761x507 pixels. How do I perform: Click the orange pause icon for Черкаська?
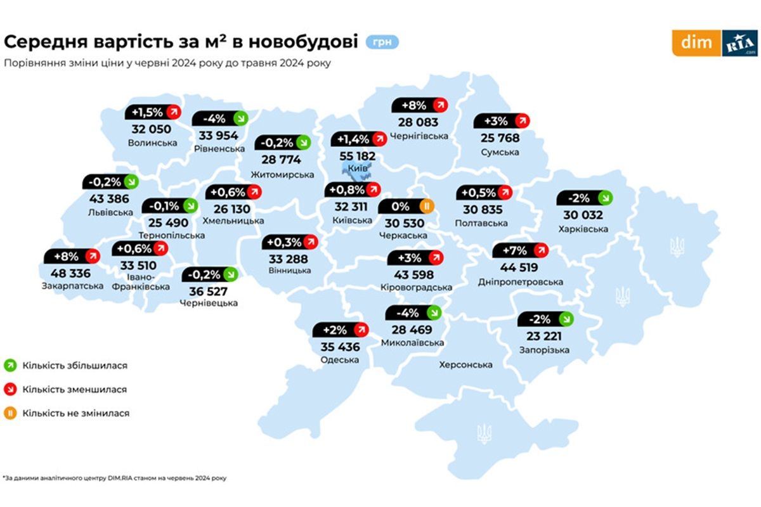coord(427,205)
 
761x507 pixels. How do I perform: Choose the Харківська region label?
coord(583,229)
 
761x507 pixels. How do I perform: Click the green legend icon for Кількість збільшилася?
coord(11,366)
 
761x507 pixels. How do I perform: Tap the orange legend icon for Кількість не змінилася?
coord(11,413)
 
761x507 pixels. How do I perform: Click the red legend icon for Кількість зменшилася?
coord(11,390)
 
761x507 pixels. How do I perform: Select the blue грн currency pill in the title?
coord(382,42)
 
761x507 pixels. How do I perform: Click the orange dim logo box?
coord(696,43)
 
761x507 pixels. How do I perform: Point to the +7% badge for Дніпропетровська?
coord(520,250)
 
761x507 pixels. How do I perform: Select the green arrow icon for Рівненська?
coord(240,119)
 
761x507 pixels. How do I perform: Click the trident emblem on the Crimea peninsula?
coord(484,433)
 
